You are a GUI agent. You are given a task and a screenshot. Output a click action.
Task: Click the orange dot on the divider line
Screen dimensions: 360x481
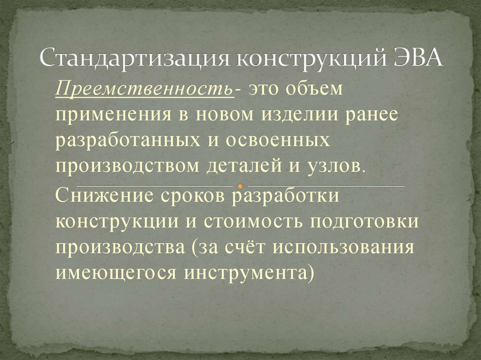click(240, 186)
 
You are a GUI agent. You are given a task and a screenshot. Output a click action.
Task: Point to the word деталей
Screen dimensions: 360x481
click(249, 166)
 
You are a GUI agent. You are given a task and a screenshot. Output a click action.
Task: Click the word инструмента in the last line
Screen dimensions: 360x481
click(243, 272)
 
